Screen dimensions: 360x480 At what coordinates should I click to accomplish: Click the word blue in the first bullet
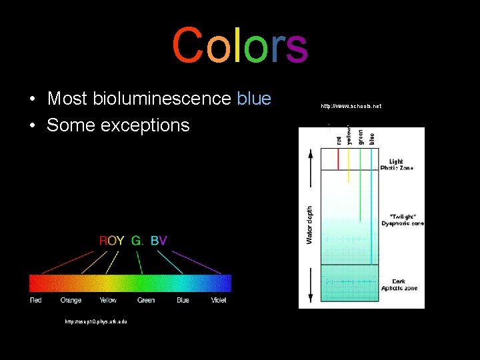(254, 99)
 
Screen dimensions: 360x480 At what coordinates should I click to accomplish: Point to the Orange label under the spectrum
(71, 301)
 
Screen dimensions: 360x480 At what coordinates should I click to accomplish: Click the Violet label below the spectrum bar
(218, 301)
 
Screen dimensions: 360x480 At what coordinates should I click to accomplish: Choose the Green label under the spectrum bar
(146, 301)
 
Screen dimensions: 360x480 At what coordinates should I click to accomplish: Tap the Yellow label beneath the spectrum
(108, 301)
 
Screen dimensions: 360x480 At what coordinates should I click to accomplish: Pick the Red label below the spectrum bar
(36, 301)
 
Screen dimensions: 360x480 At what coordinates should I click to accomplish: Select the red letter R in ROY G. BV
(103, 241)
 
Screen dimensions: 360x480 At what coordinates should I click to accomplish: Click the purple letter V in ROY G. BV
(163, 241)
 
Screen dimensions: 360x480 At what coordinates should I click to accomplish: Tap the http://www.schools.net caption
(351, 106)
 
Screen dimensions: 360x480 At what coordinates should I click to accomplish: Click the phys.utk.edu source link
(96, 321)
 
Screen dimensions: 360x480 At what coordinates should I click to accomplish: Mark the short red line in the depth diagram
(339, 159)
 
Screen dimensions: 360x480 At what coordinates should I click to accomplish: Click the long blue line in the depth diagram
(371, 200)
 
